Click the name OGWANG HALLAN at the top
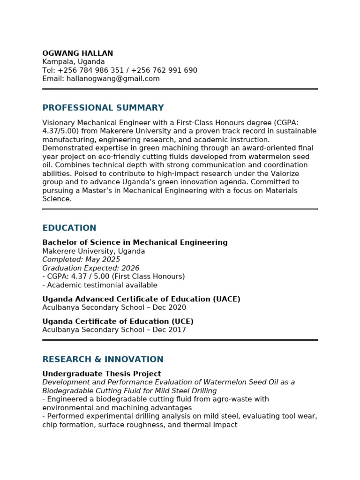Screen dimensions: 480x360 click(x=77, y=53)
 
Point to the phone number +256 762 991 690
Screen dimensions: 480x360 click(x=164, y=70)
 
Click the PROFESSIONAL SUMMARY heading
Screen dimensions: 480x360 click(x=103, y=108)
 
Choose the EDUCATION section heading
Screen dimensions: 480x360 click(x=69, y=228)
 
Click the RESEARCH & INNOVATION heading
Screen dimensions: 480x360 click(x=103, y=360)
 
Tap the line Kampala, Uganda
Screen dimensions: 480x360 click(x=74, y=62)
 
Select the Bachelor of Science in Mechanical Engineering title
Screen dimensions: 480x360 click(x=135, y=243)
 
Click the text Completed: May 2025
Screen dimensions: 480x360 click(x=81, y=260)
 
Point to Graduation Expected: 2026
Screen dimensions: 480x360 click(x=91, y=268)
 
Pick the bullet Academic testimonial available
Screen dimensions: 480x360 click(x=101, y=285)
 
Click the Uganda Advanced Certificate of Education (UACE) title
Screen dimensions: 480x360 click(x=141, y=299)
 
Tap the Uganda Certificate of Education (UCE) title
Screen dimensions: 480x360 click(x=118, y=322)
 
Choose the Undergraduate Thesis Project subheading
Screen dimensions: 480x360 click(x=102, y=374)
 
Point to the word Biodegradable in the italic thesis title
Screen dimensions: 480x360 click(x=65, y=391)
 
